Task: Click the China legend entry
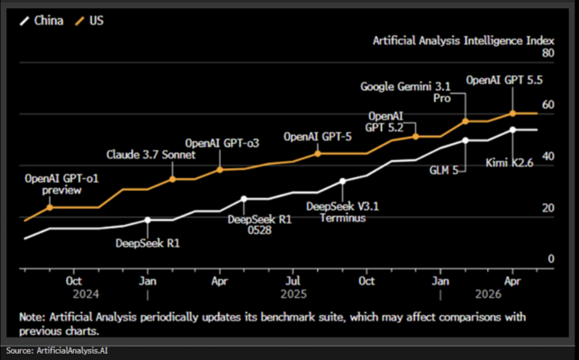pyautogui.click(x=41, y=21)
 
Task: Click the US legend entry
pyautogui.click(x=89, y=21)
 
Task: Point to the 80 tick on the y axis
pyautogui.click(x=548, y=53)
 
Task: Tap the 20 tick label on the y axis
pyautogui.click(x=548, y=208)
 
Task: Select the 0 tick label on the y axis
pyautogui.click(x=551, y=259)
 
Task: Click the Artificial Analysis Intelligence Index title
pyautogui.click(x=464, y=40)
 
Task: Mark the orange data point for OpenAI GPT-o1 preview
pyautogui.click(x=50, y=208)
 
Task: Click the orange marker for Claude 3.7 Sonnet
pyautogui.click(x=173, y=179)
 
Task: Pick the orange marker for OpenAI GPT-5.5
pyautogui.click(x=512, y=113)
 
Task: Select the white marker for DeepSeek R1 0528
pyautogui.click(x=244, y=199)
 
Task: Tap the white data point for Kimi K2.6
pyautogui.click(x=512, y=130)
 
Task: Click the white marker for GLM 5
pyautogui.click(x=466, y=140)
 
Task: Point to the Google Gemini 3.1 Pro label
pyautogui.click(x=405, y=93)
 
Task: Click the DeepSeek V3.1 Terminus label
pyautogui.click(x=343, y=211)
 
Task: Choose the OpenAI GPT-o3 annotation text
pyautogui.click(x=222, y=143)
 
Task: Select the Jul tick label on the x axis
pyautogui.click(x=293, y=282)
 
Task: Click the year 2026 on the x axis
pyautogui.click(x=488, y=294)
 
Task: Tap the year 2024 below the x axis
pyautogui.click(x=86, y=294)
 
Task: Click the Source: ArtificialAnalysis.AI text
pyautogui.click(x=57, y=350)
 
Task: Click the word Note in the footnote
pyautogui.click(x=31, y=317)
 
